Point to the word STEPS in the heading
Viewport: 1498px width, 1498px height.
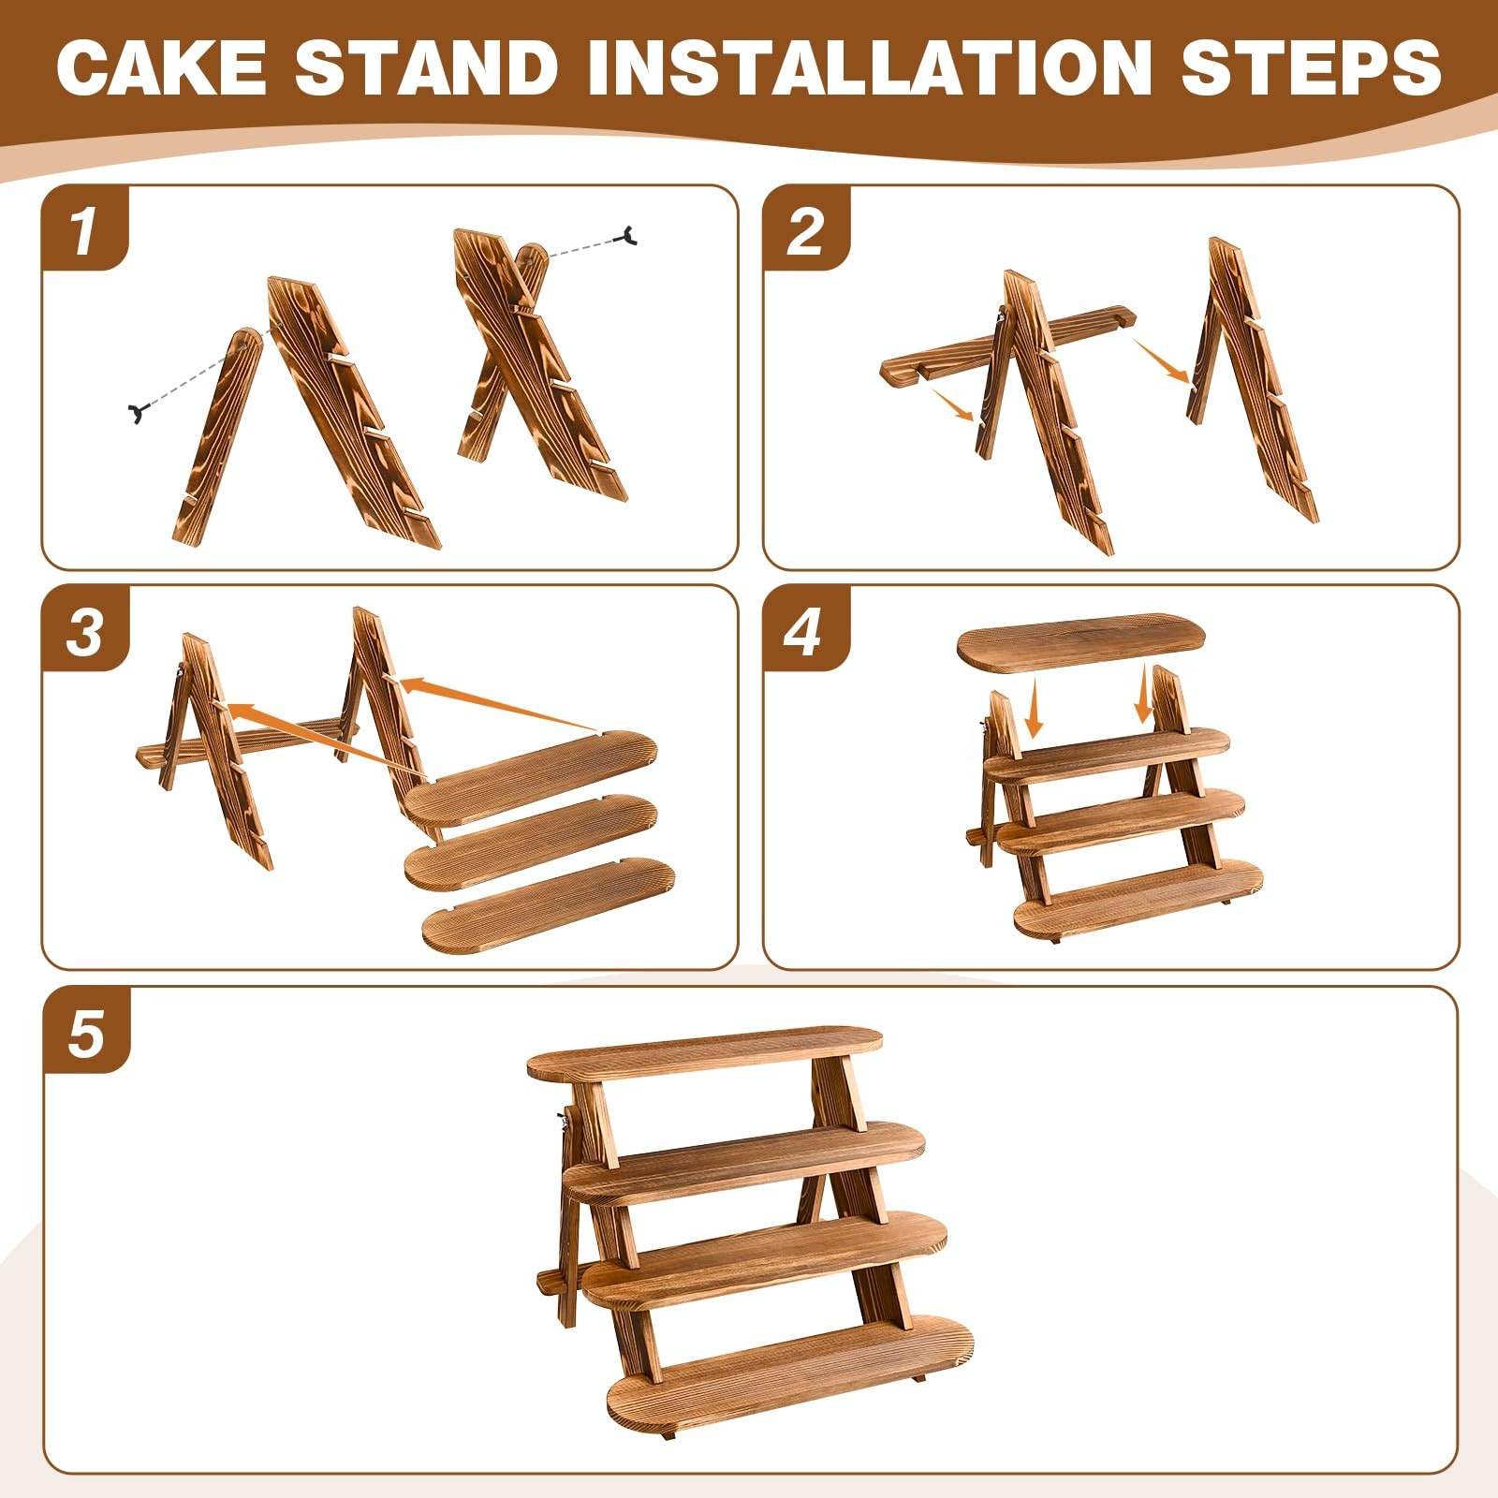click(1310, 66)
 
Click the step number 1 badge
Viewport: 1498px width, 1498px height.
click(85, 228)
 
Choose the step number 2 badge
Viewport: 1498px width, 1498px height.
click(806, 228)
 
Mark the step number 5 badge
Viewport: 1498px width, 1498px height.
click(85, 1031)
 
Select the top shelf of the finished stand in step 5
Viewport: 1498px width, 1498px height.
click(705, 1051)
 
